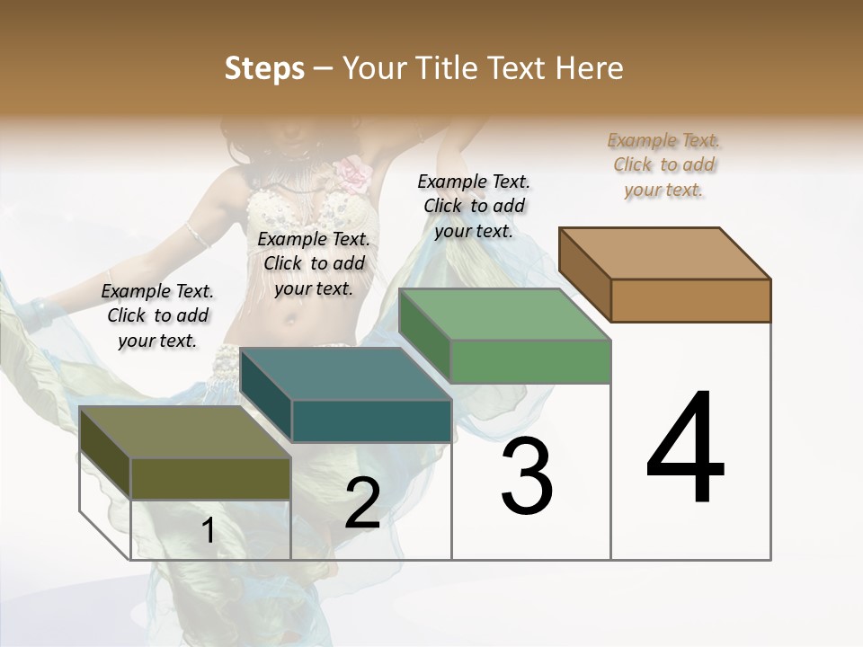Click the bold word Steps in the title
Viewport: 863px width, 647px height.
coord(264,68)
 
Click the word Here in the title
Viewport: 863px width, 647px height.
coord(589,68)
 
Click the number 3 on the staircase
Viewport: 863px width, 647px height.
coord(527,476)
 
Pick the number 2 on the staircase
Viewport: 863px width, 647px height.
coord(362,504)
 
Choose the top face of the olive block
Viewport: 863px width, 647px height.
coord(185,431)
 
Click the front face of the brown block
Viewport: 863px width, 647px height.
coord(690,300)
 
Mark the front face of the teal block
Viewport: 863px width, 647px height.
coord(371,421)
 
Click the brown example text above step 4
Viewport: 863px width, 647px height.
coord(663,164)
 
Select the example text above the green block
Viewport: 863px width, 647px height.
coord(474,206)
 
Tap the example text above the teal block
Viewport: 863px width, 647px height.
coord(314,263)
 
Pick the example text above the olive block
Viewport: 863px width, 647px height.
coord(157,315)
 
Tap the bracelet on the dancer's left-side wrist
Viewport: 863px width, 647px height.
coord(41,313)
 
